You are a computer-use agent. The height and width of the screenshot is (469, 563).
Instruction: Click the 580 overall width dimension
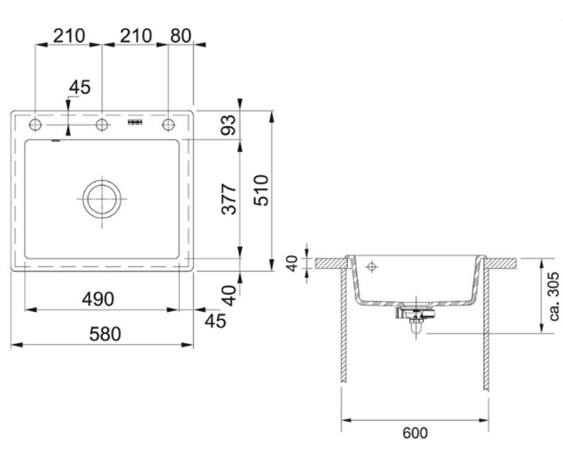click(x=105, y=334)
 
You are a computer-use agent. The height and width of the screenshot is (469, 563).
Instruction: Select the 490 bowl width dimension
click(x=98, y=299)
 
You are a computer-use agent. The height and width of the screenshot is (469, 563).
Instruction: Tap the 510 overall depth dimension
click(x=261, y=190)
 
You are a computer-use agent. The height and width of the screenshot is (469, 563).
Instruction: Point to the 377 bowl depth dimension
click(x=228, y=199)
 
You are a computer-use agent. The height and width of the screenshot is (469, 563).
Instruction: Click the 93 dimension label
click(x=228, y=125)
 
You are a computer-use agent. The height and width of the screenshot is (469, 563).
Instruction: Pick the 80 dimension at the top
click(x=181, y=35)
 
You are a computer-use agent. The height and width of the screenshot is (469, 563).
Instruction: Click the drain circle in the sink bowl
click(x=102, y=199)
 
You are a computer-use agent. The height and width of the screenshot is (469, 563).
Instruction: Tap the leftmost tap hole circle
click(x=35, y=125)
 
